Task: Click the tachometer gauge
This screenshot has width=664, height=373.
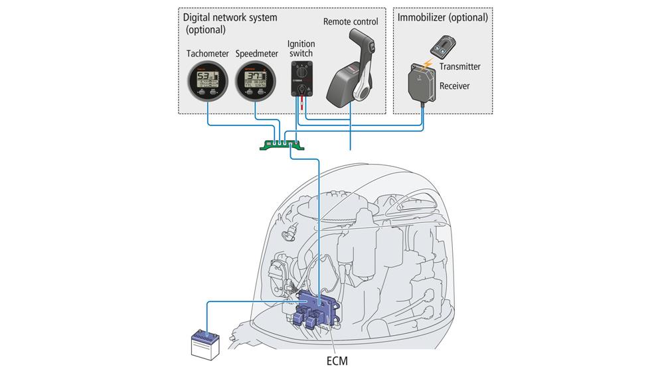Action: click(x=207, y=83)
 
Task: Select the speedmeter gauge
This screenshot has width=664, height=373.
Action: click(x=256, y=83)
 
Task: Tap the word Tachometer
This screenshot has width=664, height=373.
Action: click(x=207, y=54)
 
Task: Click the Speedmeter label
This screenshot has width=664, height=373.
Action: click(x=256, y=54)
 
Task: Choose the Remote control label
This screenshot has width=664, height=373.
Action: click(x=351, y=22)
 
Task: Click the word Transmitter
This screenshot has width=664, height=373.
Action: click(x=459, y=66)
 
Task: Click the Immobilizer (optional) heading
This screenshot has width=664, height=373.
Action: click(x=442, y=17)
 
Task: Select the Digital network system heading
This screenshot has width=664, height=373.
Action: click(x=230, y=17)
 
